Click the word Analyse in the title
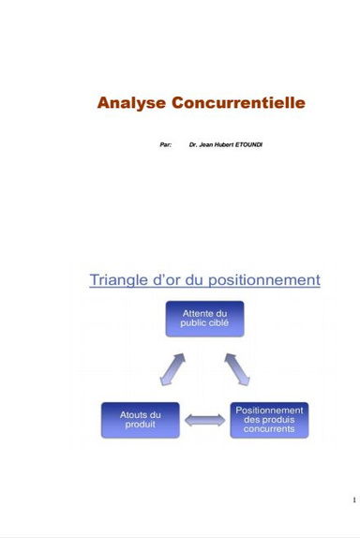click(x=131, y=102)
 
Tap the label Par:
click(x=166, y=145)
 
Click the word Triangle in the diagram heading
click(x=118, y=279)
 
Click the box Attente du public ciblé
click(x=205, y=319)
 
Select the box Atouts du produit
click(x=140, y=420)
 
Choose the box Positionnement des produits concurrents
click(x=269, y=420)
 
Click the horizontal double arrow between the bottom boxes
click(x=204, y=421)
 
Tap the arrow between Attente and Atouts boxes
click(x=172, y=368)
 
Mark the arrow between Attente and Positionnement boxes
click(x=237, y=368)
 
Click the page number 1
click(x=352, y=500)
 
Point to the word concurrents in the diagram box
click(x=269, y=430)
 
